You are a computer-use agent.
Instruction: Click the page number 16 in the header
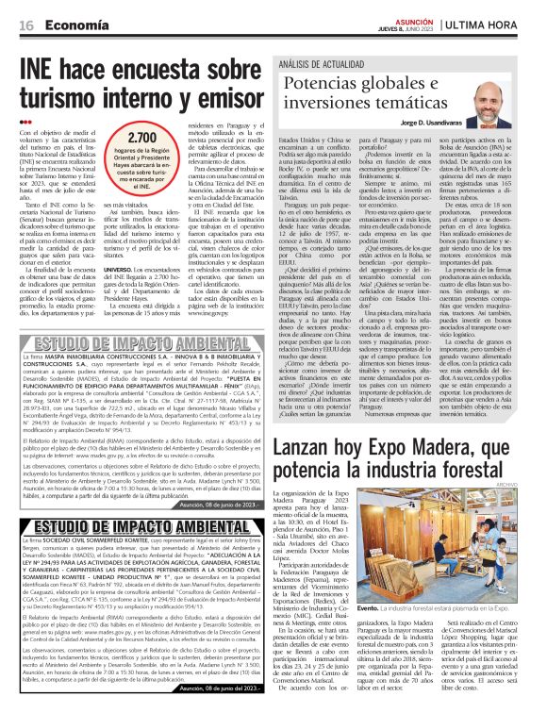pos(27,23)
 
